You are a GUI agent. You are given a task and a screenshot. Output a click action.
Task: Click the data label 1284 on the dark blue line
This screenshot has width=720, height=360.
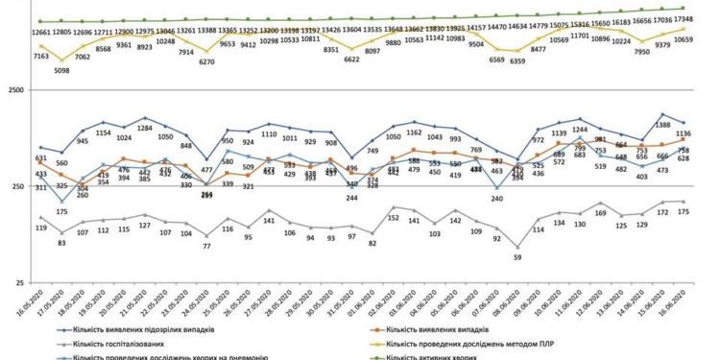click(146, 129)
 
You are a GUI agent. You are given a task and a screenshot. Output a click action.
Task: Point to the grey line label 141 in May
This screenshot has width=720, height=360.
click(270, 221)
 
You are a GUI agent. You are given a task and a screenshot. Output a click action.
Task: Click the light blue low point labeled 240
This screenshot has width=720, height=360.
click(497, 198)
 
